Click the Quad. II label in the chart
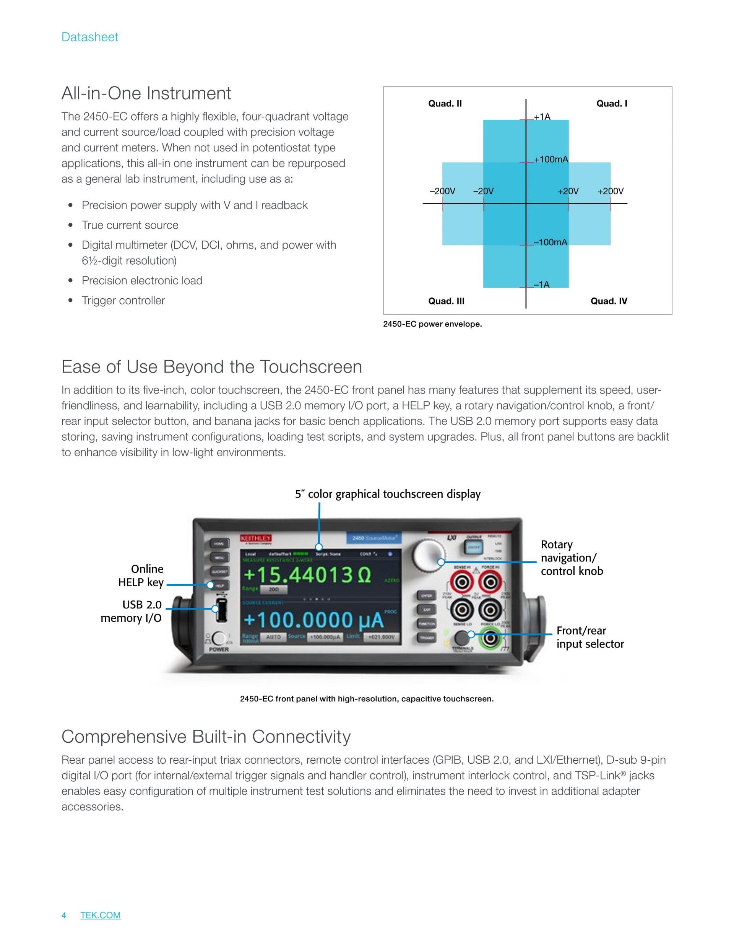click(x=445, y=104)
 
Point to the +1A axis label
click(x=542, y=117)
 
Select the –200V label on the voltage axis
click(x=442, y=191)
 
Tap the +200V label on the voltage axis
click(x=610, y=191)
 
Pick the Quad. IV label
click(x=608, y=301)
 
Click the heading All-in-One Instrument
click(x=146, y=93)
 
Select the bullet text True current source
click(x=130, y=225)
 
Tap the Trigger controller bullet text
click(x=123, y=301)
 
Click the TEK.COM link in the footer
click(x=101, y=915)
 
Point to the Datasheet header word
click(x=89, y=37)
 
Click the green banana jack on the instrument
click(x=490, y=638)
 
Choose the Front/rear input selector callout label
click(x=589, y=637)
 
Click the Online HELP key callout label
click(x=141, y=576)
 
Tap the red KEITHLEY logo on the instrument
click(x=256, y=538)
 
